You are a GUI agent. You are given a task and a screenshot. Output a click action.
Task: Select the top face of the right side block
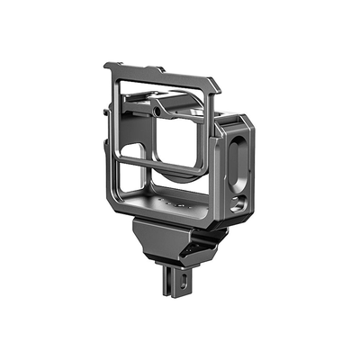(234, 124)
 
